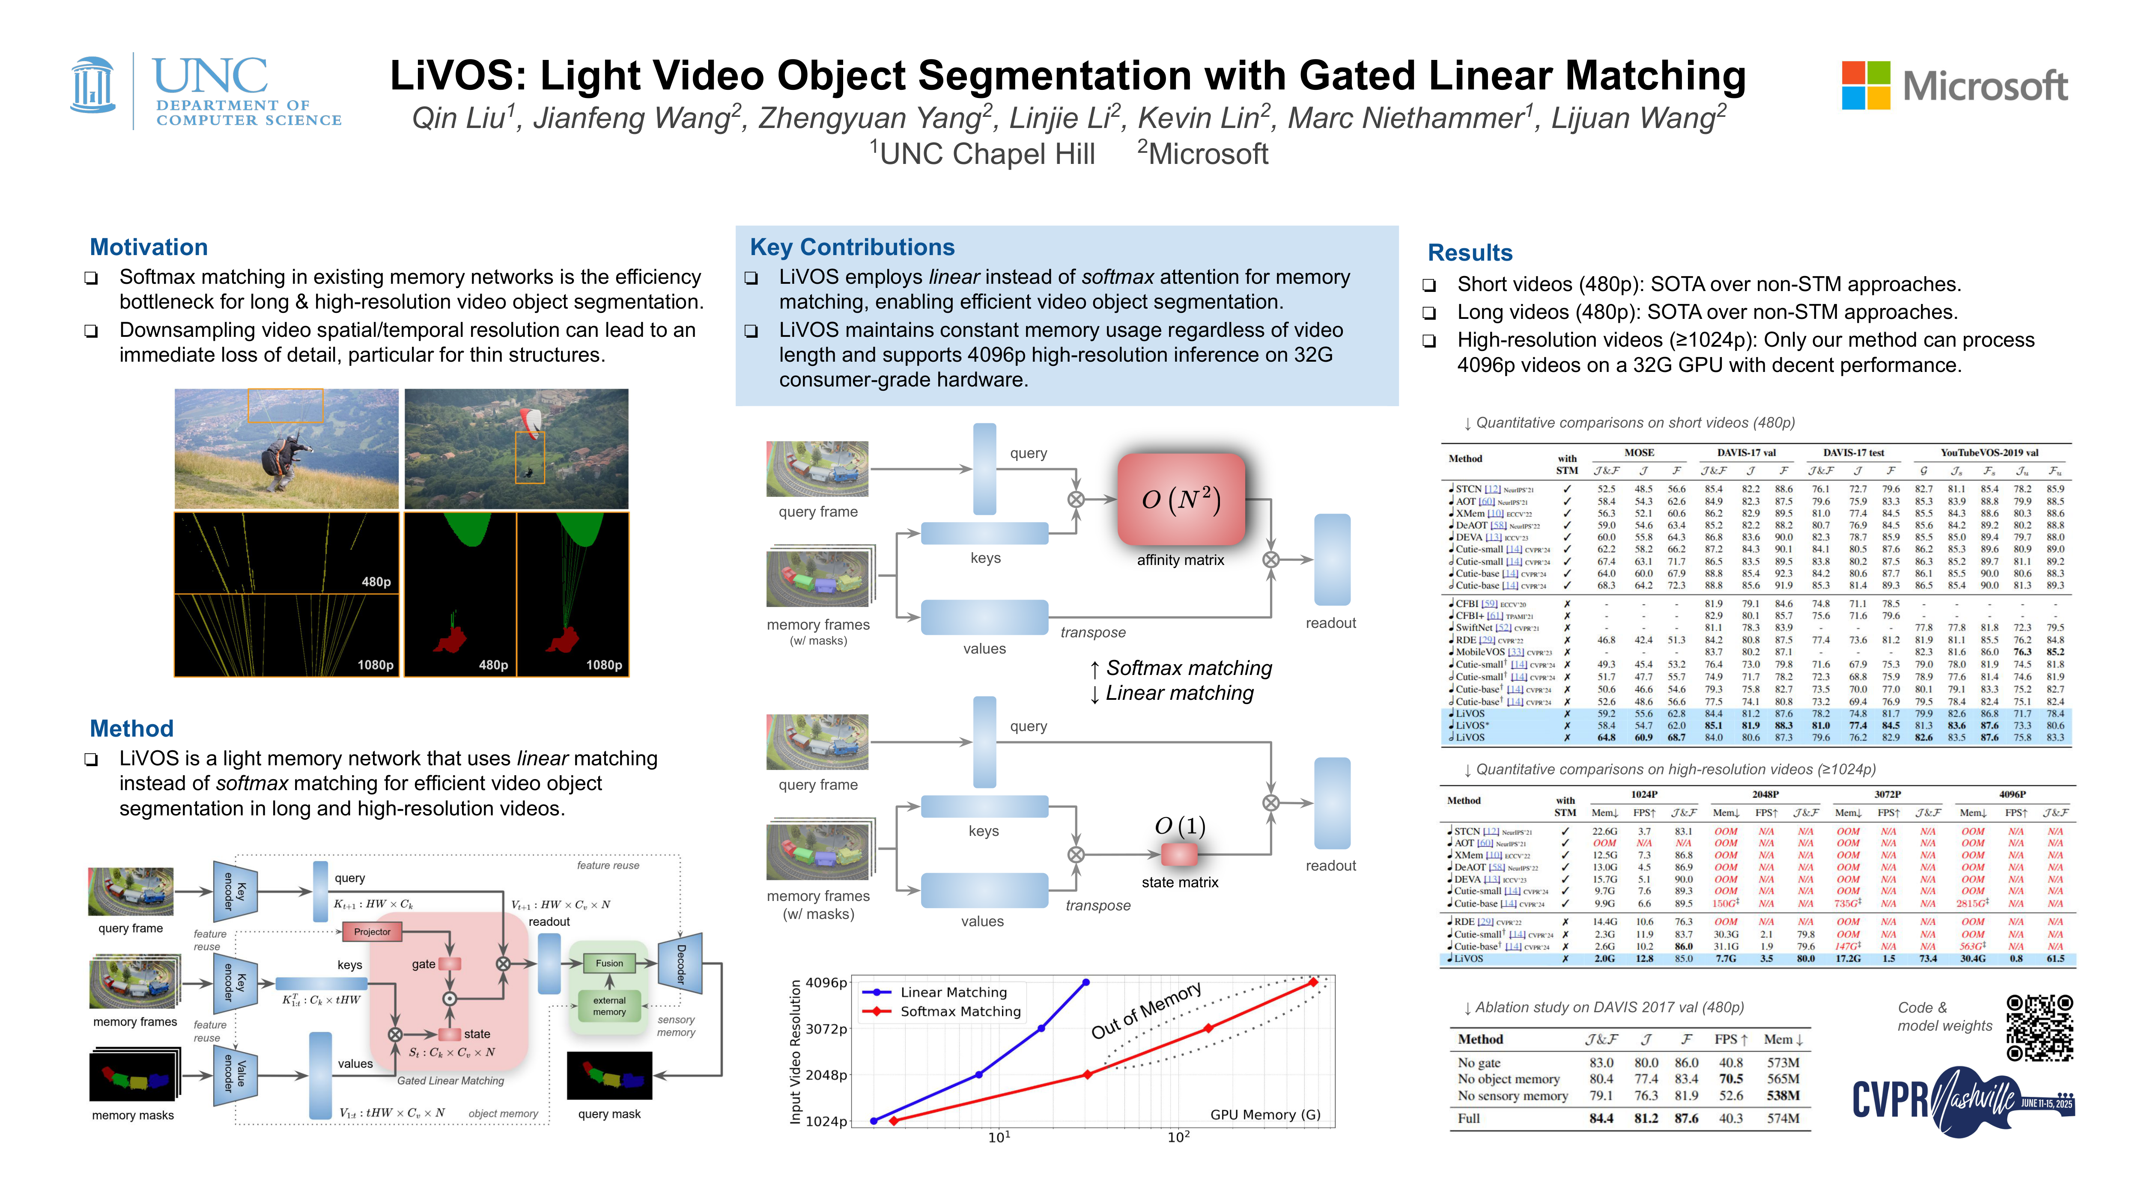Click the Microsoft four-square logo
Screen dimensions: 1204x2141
point(1866,86)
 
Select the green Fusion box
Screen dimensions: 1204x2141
point(609,963)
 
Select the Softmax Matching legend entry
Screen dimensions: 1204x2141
point(960,1011)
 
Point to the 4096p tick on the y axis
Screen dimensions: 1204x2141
point(826,982)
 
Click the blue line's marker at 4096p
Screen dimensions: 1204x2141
point(1085,982)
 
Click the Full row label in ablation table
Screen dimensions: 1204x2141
point(1469,1118)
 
